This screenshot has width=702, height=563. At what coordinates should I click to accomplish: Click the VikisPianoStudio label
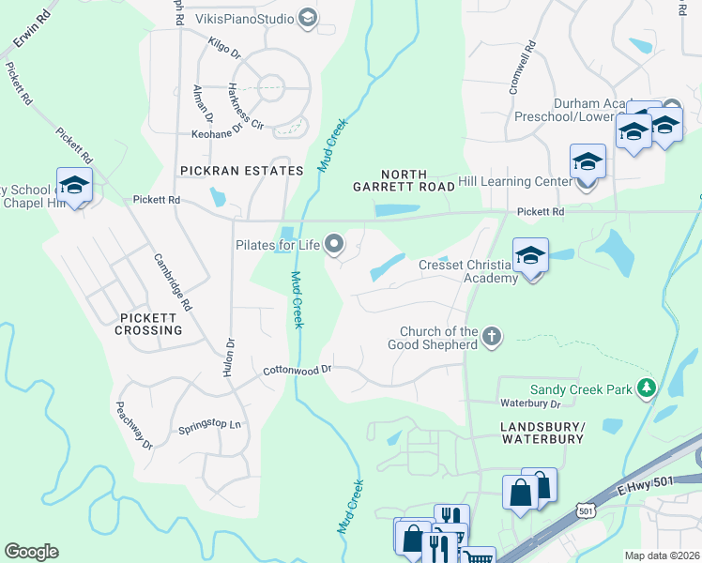pyautogui.click(x=244, y=18)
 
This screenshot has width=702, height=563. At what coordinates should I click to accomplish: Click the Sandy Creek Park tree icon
pyautogui.click(x=646, y=388)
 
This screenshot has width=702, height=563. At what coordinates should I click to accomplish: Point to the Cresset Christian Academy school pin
pyautogui.click(x=530, y=255)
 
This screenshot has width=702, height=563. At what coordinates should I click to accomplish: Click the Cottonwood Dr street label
pyautogui.click(x=298, y=370)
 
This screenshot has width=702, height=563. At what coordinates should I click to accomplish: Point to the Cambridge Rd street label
pyautogui.click(x=173, y=281)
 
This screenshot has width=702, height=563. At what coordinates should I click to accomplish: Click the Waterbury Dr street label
pyautogui.click(x=530, y=403)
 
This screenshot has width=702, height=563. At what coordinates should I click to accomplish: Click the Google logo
pyautogui.click(x=32, y=552)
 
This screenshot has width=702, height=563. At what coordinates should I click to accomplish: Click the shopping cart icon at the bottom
pyautogui.click(x=479, y=557)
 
